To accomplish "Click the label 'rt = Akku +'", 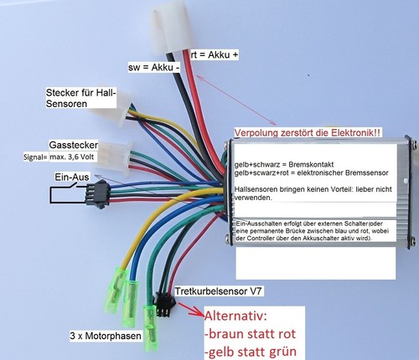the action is [215, 54].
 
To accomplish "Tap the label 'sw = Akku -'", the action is [154, 67].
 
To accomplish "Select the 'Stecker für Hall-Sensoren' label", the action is [80, 98].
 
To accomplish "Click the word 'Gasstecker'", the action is [74, 145].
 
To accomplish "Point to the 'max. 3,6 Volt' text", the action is [72, 157].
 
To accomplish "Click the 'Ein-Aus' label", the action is [72, 177].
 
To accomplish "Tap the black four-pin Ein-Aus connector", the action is [97, 193].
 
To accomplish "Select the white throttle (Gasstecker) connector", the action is [113, 158].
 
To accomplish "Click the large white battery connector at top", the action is [171, 28].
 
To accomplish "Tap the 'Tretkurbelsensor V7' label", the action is [218, 291].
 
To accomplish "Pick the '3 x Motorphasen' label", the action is [106, 336].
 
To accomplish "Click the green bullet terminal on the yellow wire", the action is [116, 290].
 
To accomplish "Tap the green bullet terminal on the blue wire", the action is [130, 304].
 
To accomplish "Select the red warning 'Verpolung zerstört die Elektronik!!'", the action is [307, 132].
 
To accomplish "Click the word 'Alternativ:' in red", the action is [236, 316].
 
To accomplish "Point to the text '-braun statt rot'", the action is [250, 334].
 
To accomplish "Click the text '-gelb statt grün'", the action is [251, 352].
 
